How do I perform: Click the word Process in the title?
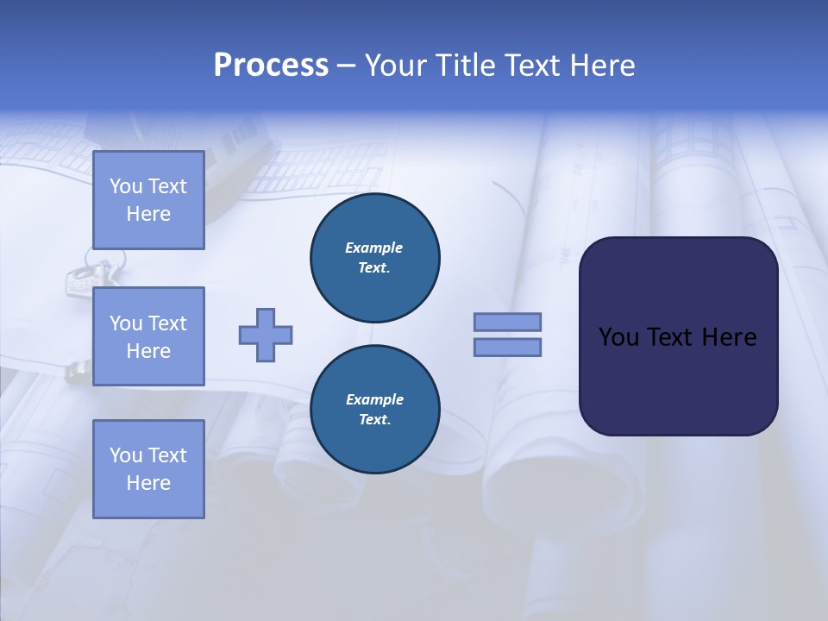[x=271, y=66]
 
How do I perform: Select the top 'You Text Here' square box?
[x=148, y=200]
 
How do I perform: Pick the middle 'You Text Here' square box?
[x=148, y=336]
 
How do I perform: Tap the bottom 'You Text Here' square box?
[x=148, y=468]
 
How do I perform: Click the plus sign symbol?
[x=266, y=335]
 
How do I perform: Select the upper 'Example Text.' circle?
[x=375, y=258]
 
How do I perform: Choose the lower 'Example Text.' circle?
[x=375, y=410]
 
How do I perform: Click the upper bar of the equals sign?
[x=508, y=322]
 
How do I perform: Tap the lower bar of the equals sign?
[x=508, y=347]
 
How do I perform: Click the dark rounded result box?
[x=678, y=379]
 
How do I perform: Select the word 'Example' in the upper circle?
[x=374, y=248]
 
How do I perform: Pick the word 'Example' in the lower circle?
[x=374, y=399]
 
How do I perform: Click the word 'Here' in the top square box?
[x=148, y=214]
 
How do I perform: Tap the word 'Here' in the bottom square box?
[x=148, y=483]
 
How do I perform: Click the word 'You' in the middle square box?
[x=126, y=323]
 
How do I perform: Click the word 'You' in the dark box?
[x=619, y=337]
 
